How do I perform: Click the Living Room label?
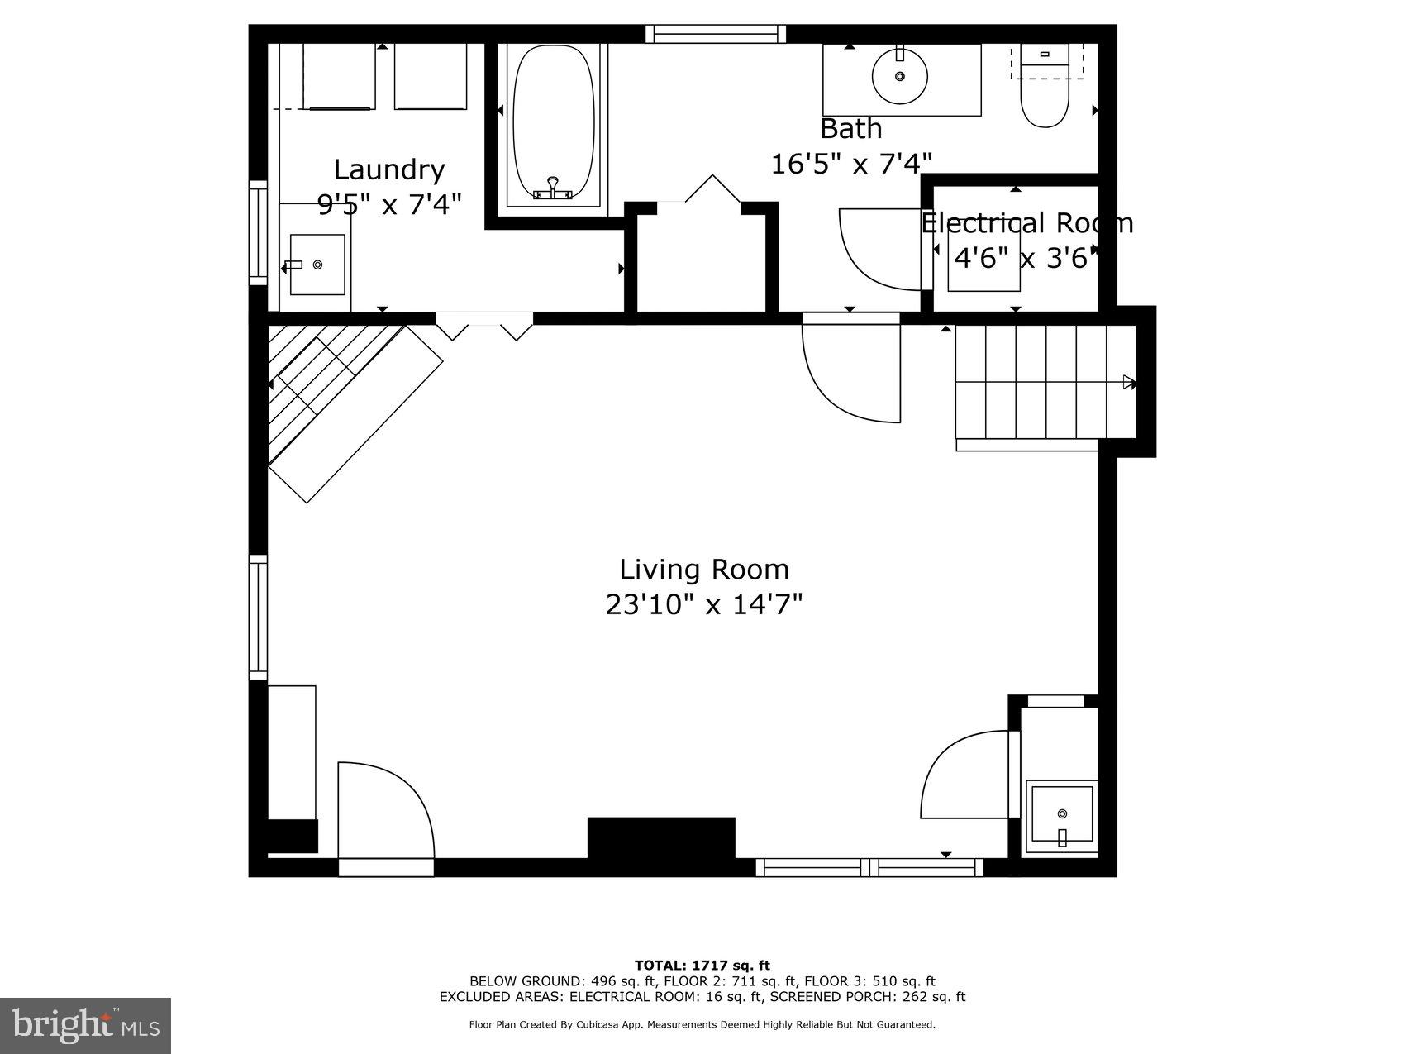coord(704,570)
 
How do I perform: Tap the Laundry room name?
coord(388,169)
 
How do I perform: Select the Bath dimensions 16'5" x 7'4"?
coord(851,164)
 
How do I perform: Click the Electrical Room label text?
coord(1026,223)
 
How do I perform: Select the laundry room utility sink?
coord(317,265)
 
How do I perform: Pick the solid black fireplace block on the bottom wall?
coord(661,838)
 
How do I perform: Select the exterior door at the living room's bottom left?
coord(385,814)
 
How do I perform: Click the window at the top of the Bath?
coord(715,34)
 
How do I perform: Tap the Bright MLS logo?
coord(86,1026)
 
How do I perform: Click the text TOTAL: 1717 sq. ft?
coord(702,965)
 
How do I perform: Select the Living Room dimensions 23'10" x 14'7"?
coord(704,605)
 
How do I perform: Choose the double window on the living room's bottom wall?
coord(869,867)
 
